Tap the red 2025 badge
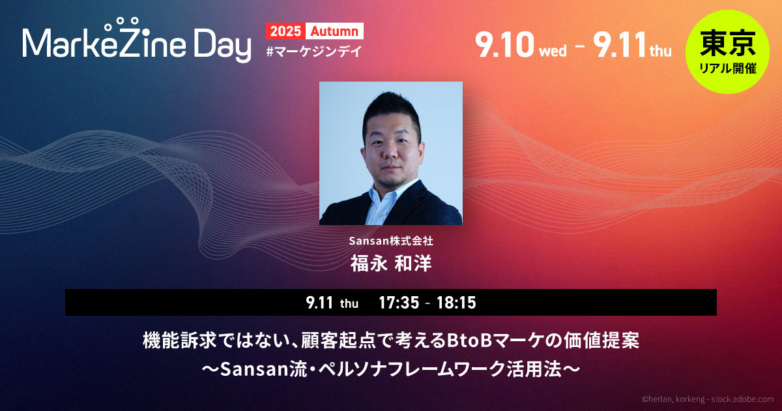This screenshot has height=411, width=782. point(285,31)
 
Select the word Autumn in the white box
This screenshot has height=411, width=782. point(334,31)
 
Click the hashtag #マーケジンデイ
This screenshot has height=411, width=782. point(313,52)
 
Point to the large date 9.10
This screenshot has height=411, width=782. point(505,44)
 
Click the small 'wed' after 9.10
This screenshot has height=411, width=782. point(553,51)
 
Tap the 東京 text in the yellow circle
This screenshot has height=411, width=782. point(727,43)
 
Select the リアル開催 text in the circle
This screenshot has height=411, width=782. point(727,68)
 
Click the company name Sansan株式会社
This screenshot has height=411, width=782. point(391,241)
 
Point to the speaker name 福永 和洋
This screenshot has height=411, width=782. point(391,264)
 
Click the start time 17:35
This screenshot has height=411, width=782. point(399,303)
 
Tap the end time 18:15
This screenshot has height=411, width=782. point(456,303)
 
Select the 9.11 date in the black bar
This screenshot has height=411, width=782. point(319,303)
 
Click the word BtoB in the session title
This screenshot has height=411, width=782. point(467,341)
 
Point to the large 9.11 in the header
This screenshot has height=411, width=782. point(619,44)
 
